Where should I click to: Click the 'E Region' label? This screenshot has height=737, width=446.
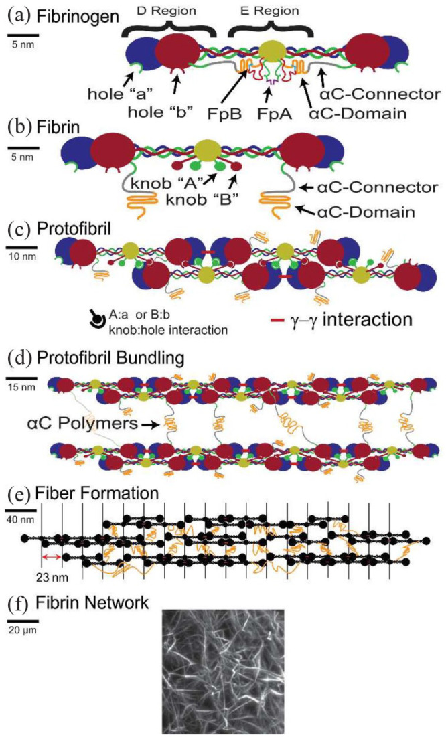point(265,11)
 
